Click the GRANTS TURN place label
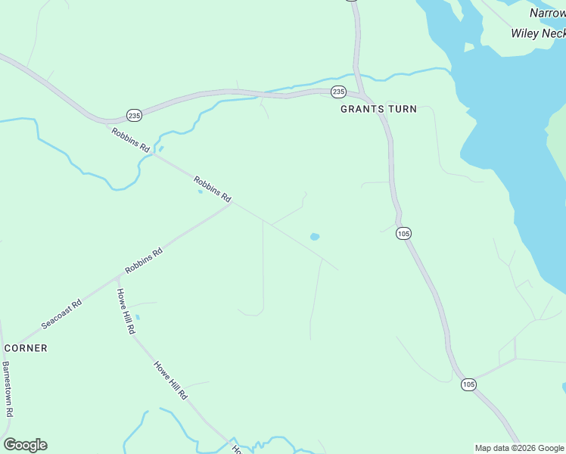click(x=378, y=109)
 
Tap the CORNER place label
click(x=26, y=348)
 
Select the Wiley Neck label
click(x=538, y=33)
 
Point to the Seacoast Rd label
click(x=61, y=313)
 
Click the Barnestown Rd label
click(x=8, y=389)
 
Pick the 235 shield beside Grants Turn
click(x=338, y=92)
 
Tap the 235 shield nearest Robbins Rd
click(x=134, y=115)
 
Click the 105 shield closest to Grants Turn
click(x=403, y=234)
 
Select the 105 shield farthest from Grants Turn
click(x=468, y=384)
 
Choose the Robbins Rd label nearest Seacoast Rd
click(x=144, y=261)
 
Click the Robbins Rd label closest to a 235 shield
click(x=130, y=141)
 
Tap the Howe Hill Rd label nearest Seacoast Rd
click(x=126, y=311)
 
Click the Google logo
click(x=25, y=445)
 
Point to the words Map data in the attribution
click(x=493, y=448)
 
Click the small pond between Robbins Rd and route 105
click(x=314, y=237)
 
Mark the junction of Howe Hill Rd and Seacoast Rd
click(x=114, y=278)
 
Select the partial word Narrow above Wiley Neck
click(x=546, y=13)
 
